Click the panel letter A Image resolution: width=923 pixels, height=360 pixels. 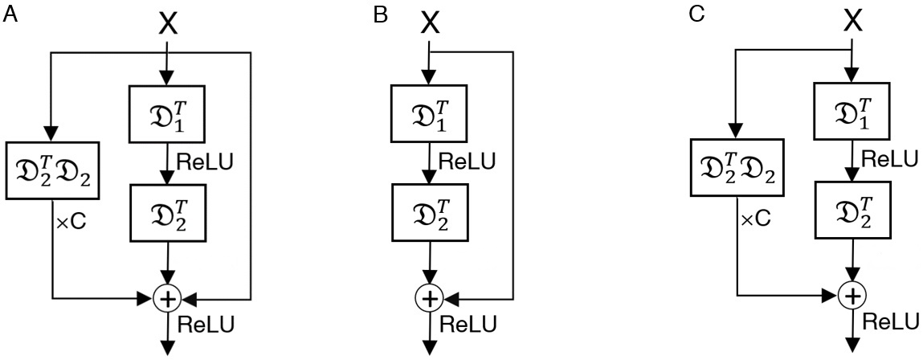[x=10, y=16]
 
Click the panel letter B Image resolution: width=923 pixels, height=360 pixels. [x=381, y=15]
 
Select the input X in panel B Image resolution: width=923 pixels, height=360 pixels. [x=431, y=24]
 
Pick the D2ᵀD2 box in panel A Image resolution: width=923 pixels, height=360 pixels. [x=52, y=171]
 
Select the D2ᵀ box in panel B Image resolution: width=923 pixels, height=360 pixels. [x=431, y=211]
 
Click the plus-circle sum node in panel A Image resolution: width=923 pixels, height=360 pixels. [x=167, y=299]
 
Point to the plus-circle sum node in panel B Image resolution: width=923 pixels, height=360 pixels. [x=431, y=298]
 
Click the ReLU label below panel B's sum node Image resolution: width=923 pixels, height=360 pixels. [x=468, y=324]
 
